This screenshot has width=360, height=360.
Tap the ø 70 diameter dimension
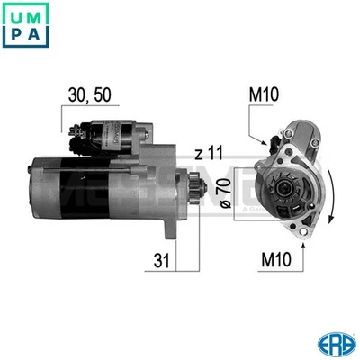[x=224, y=193]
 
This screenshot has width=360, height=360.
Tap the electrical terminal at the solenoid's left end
[x=76, y=135]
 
